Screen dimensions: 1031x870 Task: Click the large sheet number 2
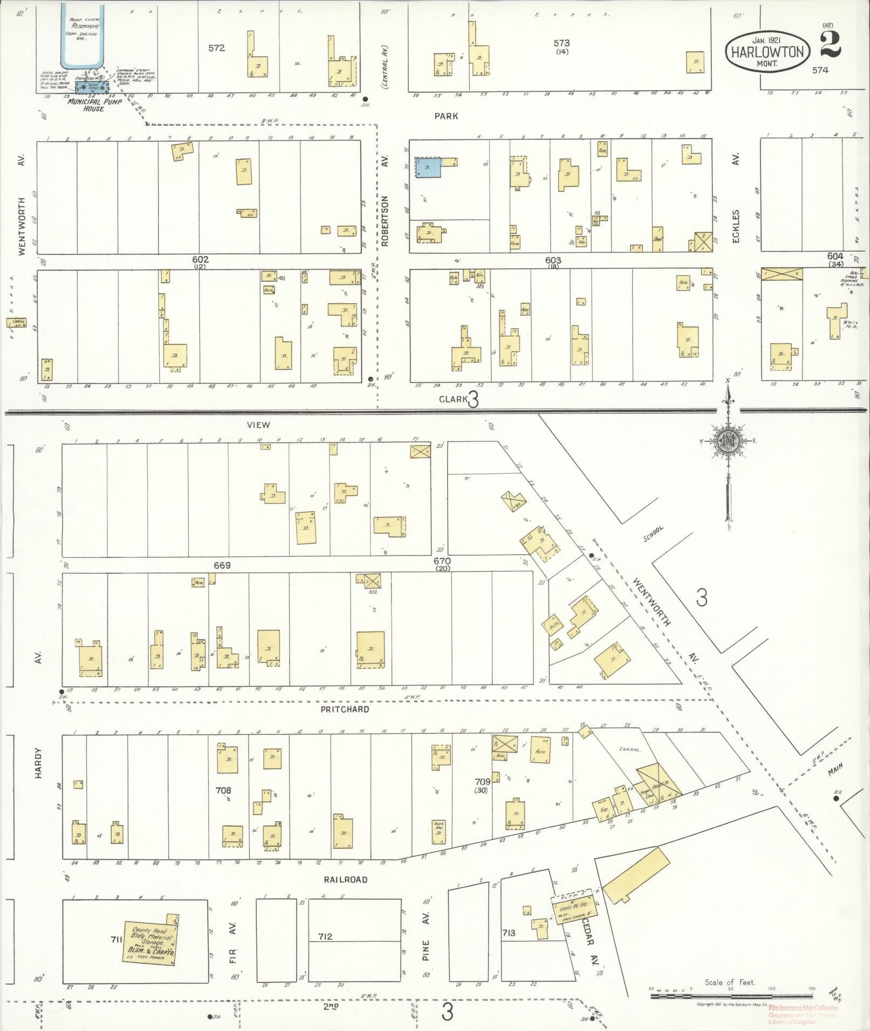pos(831,45)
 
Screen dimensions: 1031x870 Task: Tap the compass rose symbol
pos(727,440)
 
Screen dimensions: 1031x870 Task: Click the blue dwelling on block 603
pos(428,168)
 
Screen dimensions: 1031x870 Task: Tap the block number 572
pos(216,48)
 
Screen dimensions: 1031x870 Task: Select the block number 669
pos(222,565)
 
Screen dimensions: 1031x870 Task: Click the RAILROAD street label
pos(345,879)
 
